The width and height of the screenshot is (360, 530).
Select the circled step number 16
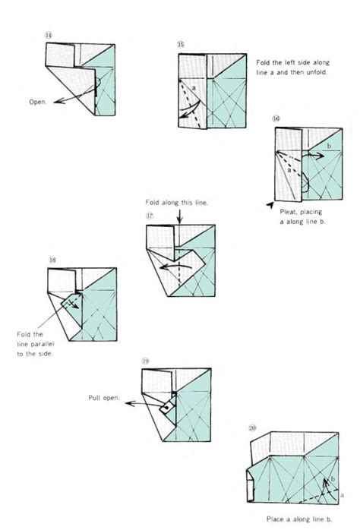[x=275, y=120]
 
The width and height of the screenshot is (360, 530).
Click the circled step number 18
[x=52, y=260]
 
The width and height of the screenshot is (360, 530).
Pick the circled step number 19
[x=146, y=361]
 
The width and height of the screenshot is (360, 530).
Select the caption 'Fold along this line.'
[x=176, y=201]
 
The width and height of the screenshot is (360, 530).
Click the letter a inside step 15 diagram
[x=194, y=89]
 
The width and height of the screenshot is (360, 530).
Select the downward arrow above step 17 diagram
[x=178, y=216]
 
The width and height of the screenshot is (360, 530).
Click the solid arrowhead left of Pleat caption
[x=270, y=204]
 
